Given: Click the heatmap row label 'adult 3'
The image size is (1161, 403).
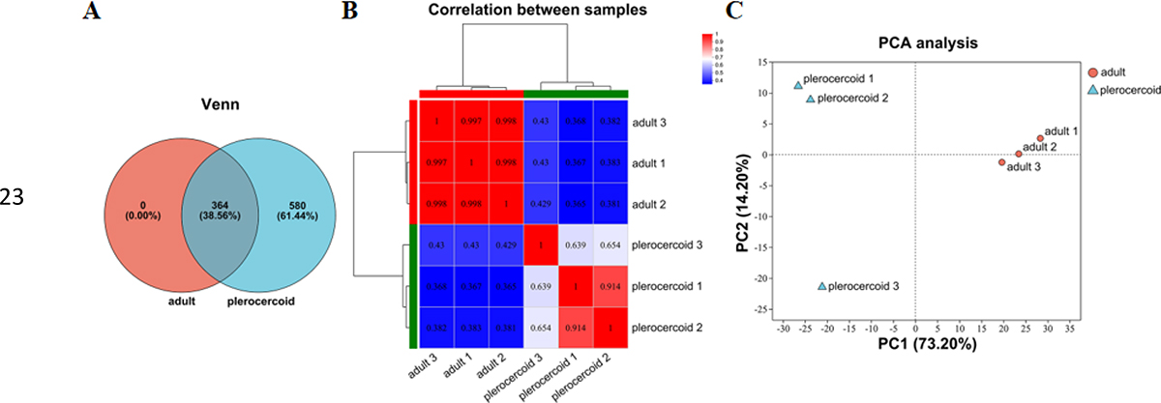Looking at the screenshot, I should (651, 124).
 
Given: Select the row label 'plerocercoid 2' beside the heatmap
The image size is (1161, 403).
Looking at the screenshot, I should (669, 328).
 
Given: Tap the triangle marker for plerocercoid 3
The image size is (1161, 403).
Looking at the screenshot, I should (822, 286).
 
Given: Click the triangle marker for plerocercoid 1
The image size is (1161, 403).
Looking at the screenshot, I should (798, 85).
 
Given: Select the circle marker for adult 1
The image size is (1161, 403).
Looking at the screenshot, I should (1040, 138).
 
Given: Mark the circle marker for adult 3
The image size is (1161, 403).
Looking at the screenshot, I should (1002, 162).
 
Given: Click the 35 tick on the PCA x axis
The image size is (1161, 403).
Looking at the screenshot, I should (1068, 330).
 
